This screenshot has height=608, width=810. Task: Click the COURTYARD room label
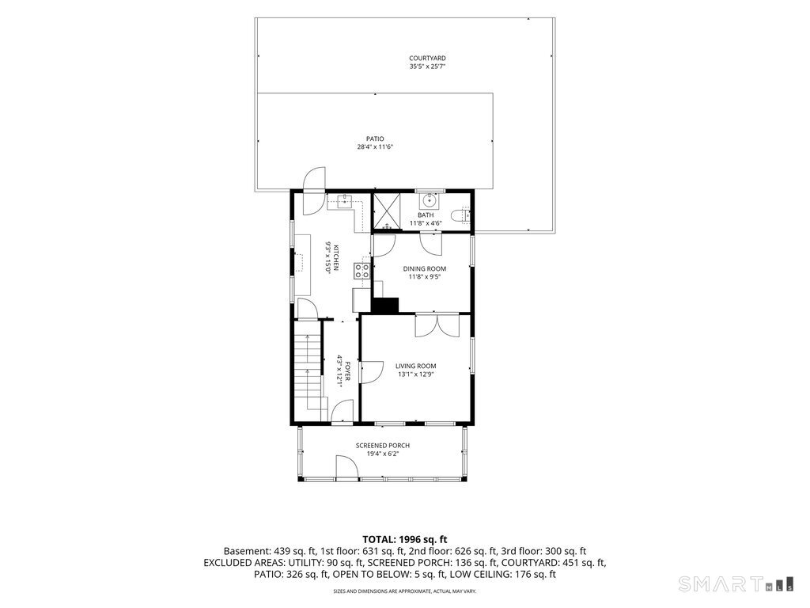point(427,59)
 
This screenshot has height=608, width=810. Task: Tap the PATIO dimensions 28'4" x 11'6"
point(375,146)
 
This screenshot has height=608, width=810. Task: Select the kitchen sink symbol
point(345,199)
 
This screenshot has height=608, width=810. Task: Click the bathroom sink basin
point(428,199)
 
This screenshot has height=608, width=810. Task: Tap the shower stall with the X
point(388,211)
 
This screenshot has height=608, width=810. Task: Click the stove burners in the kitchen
point(361,271)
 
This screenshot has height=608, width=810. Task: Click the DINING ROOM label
point(425,269)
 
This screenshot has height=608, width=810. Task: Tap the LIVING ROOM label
point(416,366)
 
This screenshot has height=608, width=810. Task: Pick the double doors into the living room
point(437,325)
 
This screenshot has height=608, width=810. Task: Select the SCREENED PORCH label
point(383,446)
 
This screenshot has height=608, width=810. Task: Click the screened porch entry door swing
point(347,467)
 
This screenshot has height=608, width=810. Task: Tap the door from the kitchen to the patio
point(314,191)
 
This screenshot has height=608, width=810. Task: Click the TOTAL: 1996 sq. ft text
point(404,540)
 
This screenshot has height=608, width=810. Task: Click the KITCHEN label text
point(335,257)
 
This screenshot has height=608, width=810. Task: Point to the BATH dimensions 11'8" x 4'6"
point(426,223)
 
